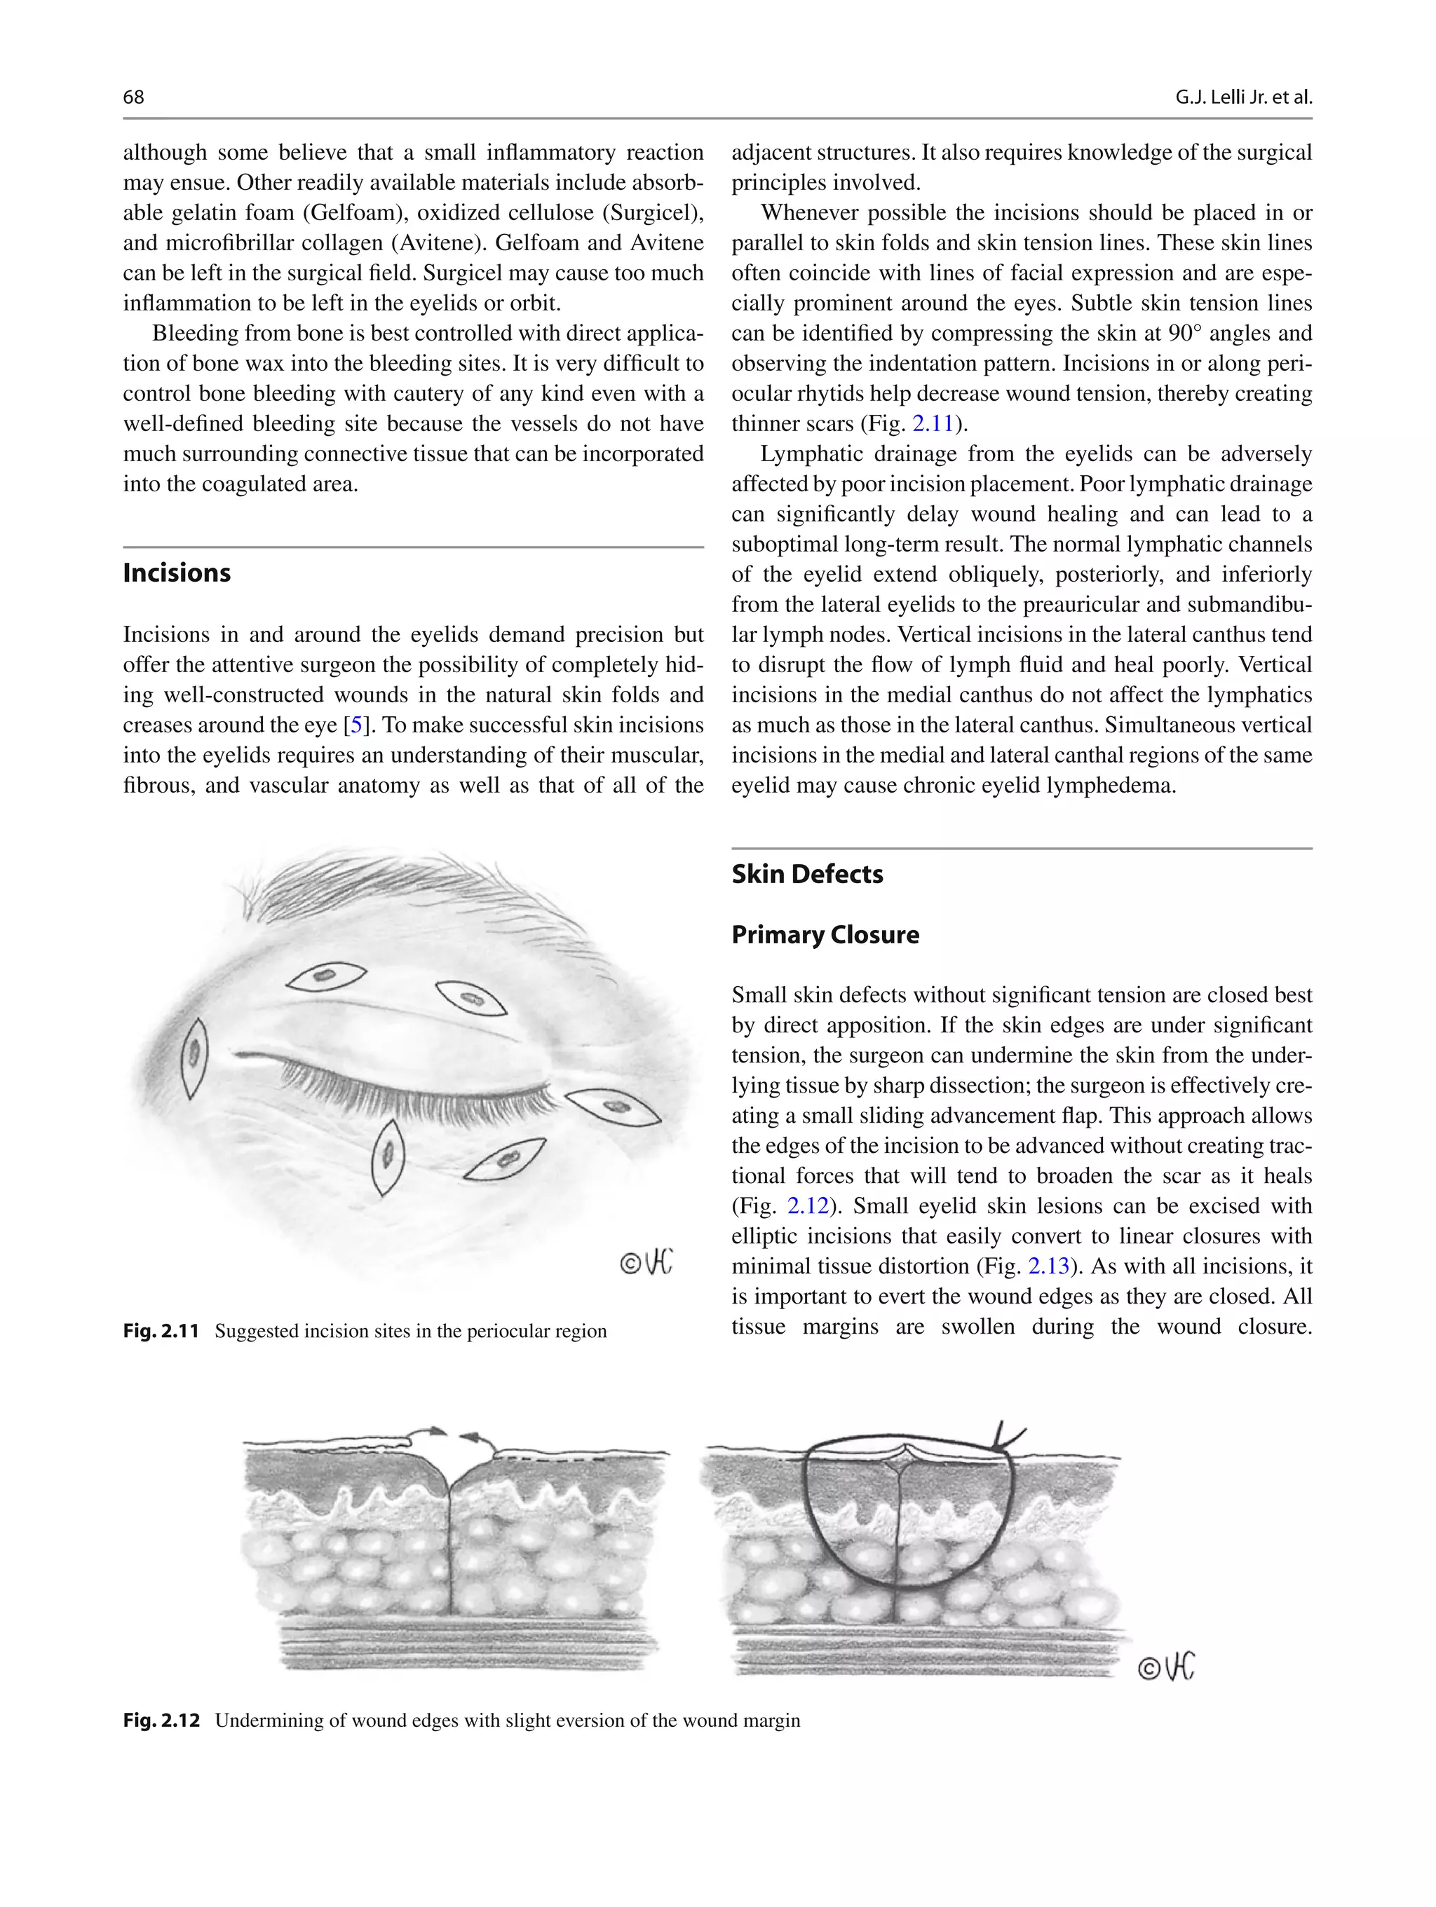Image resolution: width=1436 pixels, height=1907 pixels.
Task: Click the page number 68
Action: (x=134, y=97)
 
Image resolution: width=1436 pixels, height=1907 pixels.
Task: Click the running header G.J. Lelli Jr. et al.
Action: (x=1242, y=97)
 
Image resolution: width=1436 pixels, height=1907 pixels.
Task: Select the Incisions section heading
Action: (x=177, y=573)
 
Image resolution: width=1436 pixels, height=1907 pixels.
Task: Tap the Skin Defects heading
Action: (x=806, y=874)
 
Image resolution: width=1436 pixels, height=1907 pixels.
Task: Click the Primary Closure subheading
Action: (x=825, y=934)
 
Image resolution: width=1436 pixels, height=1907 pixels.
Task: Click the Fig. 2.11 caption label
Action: (x=161, y=1331)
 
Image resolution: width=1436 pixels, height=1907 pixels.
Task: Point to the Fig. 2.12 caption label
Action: (x=161, y=1721)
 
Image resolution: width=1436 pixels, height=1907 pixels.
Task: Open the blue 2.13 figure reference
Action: (x=1049, y=1266)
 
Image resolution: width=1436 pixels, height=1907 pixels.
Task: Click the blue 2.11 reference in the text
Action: (x=933, y=424)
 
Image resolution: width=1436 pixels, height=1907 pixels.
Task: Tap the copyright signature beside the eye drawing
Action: (x=646, y=1263)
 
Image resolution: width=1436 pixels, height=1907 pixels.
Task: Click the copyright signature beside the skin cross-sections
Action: (x=1166, y=1667)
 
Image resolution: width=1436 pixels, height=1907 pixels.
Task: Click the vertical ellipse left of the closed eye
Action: (x=194, y=1057)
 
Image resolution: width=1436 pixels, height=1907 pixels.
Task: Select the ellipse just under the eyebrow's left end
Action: (x=326, y=977)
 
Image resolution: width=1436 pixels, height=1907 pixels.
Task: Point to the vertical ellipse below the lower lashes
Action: (x=388, y=1156)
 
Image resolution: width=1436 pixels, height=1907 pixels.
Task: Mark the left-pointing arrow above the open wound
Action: (x=469, y=1436)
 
